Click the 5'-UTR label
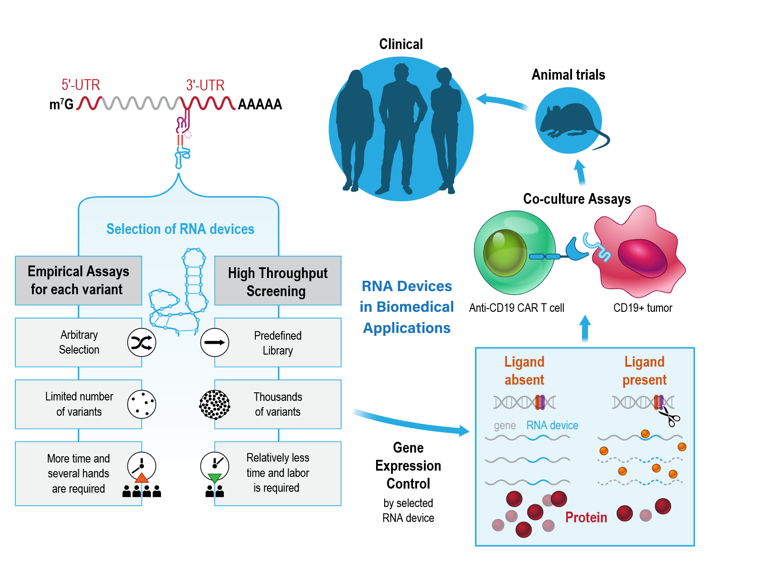(x=81, y=85)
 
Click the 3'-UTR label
(x=205, y=85)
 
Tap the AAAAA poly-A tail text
(x=260, y=104)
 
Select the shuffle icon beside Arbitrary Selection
(x=141, y=343)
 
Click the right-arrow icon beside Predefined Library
(x=215, y=343)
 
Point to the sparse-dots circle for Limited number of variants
(x=141, y=404)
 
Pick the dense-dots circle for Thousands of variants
(x=215, y=404)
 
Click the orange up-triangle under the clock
(x=141, y=477)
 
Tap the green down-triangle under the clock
(x=215, y=477)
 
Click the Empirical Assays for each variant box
(x=78, y=280)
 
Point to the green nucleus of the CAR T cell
(x=504, y=253)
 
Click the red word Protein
(x=586, y=517)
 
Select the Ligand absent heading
(x=524, y=371)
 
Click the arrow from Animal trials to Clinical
(x=502, y=102)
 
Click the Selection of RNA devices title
(x=180, y=229)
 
